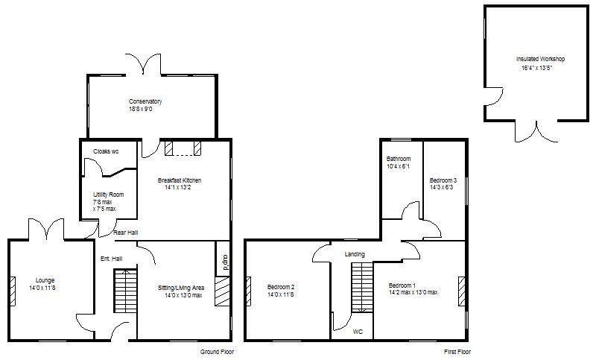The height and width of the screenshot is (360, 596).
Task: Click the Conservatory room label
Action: click(145, 101)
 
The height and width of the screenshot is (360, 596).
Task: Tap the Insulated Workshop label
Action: click(540, 59)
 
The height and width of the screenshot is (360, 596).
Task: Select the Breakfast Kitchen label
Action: click(180, 180)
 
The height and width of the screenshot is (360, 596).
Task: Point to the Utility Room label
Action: click(104, 195)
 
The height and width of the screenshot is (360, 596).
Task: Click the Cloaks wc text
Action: click(106, 151)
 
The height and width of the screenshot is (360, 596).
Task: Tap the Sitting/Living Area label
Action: click(181, 288)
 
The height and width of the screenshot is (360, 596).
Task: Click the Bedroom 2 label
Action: click(281, 288)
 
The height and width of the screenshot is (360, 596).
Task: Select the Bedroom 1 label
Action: click(402, 285)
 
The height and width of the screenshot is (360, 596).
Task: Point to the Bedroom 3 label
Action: click(443, 180)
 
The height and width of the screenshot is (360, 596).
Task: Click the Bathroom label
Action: click(399, 159)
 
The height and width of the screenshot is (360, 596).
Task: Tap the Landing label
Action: click(355, 254)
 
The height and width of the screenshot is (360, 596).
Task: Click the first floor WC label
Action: click(358, 331)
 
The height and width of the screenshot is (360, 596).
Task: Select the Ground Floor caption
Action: click(218, 351)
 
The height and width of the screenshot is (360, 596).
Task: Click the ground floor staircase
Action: click(124, 291)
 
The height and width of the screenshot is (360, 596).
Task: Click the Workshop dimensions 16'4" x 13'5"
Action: click(537, 68)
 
